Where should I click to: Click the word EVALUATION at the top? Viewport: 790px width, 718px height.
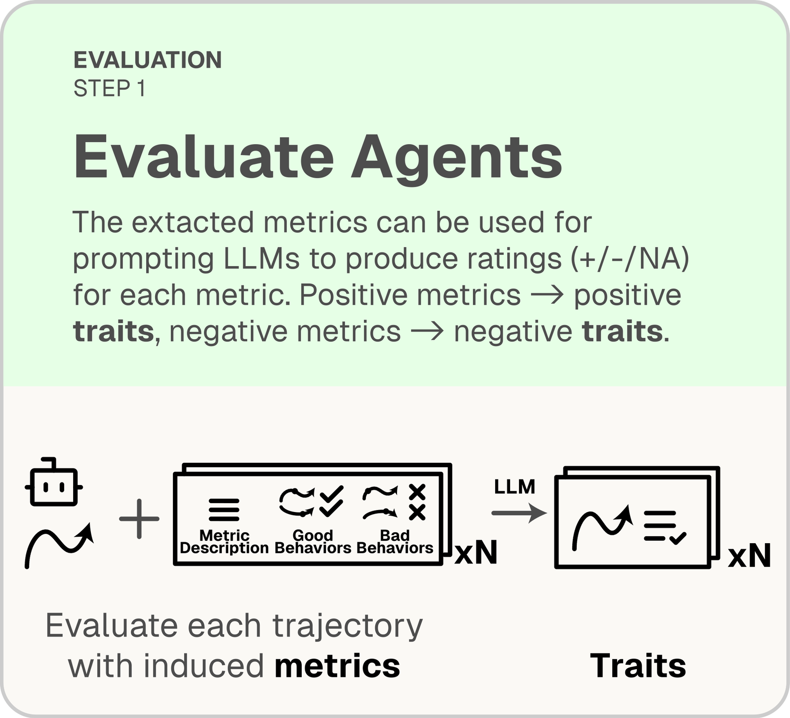148,60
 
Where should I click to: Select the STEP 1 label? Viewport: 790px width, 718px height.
109,88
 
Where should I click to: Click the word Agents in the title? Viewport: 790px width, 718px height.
456,158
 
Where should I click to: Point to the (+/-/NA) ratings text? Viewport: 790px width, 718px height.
630,259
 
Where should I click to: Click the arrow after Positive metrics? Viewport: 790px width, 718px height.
547,295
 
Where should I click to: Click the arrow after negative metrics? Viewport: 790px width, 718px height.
427,331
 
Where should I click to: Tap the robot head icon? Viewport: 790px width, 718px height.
54,481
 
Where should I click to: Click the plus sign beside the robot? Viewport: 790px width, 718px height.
139,518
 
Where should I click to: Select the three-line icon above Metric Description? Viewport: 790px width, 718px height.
224,510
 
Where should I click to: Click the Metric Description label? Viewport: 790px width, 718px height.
224,542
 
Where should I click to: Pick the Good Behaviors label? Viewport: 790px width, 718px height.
313,542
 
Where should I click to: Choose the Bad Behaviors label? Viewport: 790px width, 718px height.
395,542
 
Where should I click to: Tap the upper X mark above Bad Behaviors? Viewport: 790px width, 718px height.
417,492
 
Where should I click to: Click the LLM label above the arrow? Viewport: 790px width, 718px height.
514,487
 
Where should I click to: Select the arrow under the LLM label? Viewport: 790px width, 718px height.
519,513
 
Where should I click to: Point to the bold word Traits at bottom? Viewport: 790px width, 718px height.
638,666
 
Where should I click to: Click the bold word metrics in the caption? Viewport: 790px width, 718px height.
337,666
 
